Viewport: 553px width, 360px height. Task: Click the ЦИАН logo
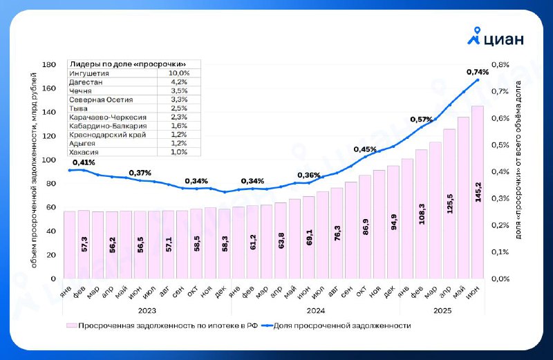click(496, 37)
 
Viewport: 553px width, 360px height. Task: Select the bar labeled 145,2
click(478, 192)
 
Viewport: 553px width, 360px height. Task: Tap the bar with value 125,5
click(449, 204)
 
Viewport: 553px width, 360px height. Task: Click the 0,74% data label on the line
click(478, 72)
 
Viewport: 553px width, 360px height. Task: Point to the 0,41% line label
click(84, 162)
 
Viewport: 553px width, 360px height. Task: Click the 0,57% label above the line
click(421, 120)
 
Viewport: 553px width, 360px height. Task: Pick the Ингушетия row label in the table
click(89, 73)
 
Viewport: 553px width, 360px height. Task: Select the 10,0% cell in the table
click(179, 73)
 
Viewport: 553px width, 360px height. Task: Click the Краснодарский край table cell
click(108, 135)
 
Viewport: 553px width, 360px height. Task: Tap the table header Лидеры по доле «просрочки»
click(128, 64)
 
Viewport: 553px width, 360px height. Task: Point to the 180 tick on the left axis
click(49, 64)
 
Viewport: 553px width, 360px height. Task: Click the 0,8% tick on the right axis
click(500, 64)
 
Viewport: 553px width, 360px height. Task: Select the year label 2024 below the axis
click(316, 311)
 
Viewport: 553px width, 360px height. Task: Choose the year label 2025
click(442, 311)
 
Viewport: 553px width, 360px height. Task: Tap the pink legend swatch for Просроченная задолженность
click(72, 325)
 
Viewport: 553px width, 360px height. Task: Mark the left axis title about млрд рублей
click(34, 170)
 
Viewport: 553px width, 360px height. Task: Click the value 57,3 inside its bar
click(84, 244)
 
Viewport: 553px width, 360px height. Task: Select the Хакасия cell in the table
click(84, 152)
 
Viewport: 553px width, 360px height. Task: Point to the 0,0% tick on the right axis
click(500, 279)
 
